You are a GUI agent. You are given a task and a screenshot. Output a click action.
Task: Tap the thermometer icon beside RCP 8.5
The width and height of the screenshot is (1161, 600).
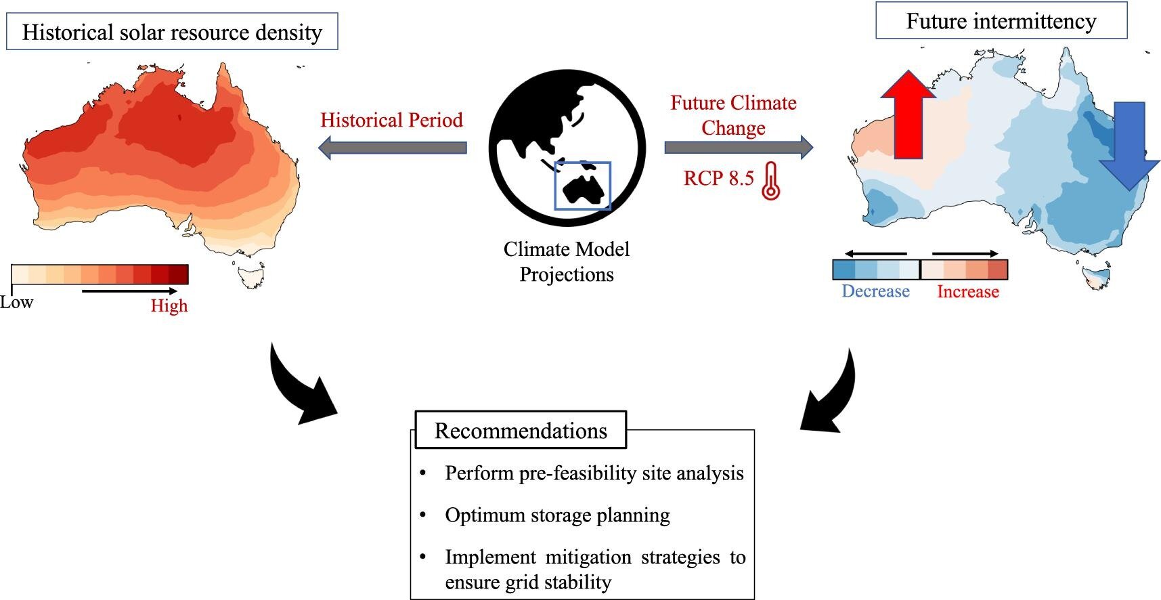[770, 181]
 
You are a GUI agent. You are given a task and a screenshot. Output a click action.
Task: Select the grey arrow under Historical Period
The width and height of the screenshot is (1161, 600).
[393, 147]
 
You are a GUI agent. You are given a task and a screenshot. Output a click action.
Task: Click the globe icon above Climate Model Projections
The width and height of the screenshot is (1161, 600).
[567, 147]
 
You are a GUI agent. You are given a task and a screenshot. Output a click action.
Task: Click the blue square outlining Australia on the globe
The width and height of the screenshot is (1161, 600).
[582, 186]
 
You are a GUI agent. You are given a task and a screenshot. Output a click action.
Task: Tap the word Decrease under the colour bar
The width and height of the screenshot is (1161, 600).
[875, 291]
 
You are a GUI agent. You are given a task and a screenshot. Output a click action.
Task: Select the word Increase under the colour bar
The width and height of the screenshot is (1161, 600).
[967, 292]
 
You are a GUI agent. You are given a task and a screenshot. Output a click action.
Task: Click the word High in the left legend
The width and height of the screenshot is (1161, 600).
[169, 305]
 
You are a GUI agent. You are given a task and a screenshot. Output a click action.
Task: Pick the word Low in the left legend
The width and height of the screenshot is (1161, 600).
[16, 302]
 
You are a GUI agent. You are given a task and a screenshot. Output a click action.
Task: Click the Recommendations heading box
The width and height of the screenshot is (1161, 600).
[520, 430]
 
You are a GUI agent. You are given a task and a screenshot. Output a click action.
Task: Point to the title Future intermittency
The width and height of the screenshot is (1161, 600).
[1001, 21]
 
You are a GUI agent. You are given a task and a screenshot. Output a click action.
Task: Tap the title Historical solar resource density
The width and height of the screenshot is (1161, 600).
[172, 32]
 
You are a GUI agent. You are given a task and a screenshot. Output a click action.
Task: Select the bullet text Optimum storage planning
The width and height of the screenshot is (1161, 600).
[557, 515]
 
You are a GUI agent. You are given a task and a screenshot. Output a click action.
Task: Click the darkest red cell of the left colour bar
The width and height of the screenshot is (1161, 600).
[179, 274]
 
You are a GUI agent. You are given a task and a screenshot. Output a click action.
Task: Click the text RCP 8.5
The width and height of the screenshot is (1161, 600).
[718, 178]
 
